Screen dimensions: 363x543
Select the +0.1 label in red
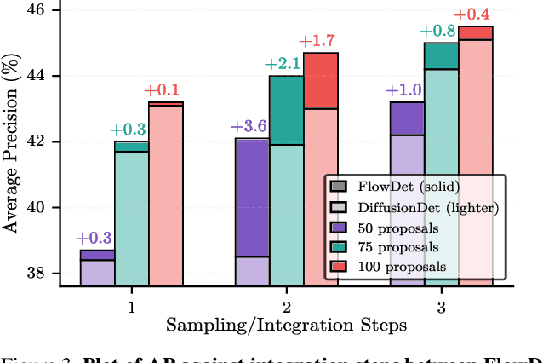(167, 90)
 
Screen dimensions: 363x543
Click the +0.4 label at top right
(475, 14)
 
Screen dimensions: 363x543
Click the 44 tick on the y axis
(43, 76)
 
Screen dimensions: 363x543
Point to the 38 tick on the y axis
(43, 274)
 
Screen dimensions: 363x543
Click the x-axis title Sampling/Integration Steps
(286, 325)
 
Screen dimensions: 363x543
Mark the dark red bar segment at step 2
(321, 80)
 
